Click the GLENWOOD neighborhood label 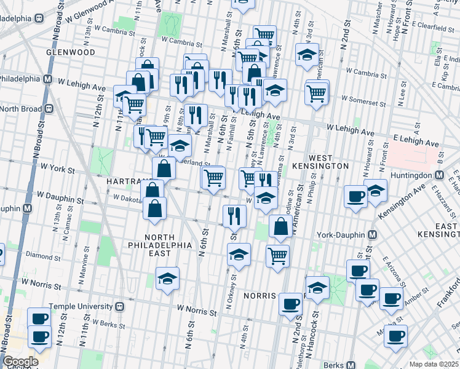pos(70,53)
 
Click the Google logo pos(20,362)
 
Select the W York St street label pos(57,167)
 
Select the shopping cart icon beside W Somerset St pos(316,93)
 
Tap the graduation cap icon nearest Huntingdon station pos(375,190)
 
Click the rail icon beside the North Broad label pos(47,109)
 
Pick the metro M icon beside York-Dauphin pos(373,235)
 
